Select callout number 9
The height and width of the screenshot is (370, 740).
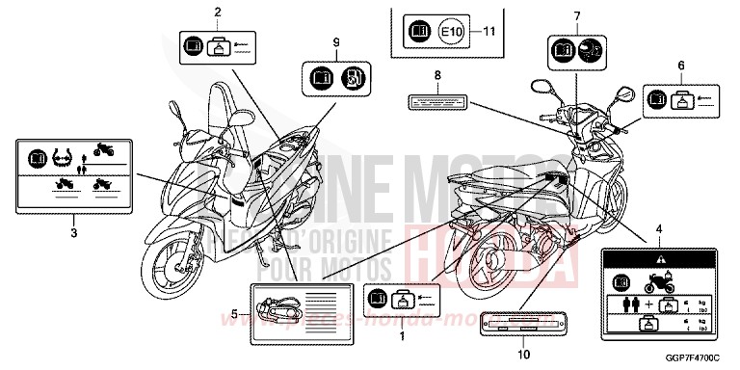pos(335,41)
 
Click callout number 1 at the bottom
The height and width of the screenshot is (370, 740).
pos(402,338)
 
